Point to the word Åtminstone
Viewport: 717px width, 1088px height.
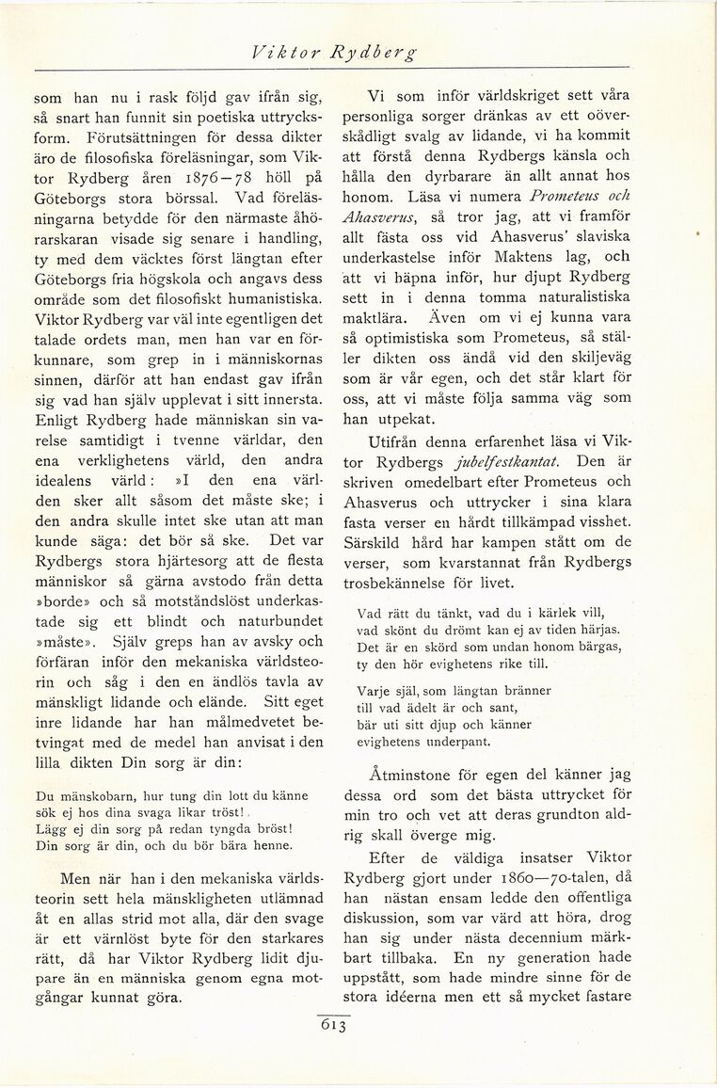(x=419, y=778)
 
